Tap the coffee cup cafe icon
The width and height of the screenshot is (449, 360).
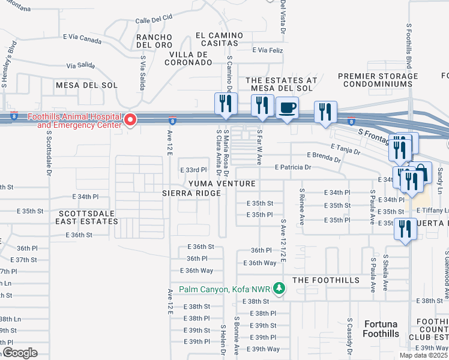click(x=287, y=108)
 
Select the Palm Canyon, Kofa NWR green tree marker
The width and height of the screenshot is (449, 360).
click(x=279, y=289)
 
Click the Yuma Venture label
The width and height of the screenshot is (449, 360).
click(x=222, y=183)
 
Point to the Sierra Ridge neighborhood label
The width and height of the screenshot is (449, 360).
click(x=191, y=193)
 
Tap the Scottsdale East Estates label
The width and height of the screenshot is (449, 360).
click(x=88, y=217)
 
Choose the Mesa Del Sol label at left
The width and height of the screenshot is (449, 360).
click(x=81, y=85)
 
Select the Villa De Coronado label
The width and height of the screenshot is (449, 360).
click(x=187, y=58)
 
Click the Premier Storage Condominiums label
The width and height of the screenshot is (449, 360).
click(x=378, y=80)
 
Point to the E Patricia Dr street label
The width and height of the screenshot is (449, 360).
click(x=294, y=167)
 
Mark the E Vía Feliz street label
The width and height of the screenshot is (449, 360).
click(x=268, y=50)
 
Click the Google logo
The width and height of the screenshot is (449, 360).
click(x=20, y=353)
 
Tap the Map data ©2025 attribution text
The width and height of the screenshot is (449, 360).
click(x=424, y=355)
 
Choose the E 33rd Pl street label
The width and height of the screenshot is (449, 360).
click(x=193, y=170)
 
